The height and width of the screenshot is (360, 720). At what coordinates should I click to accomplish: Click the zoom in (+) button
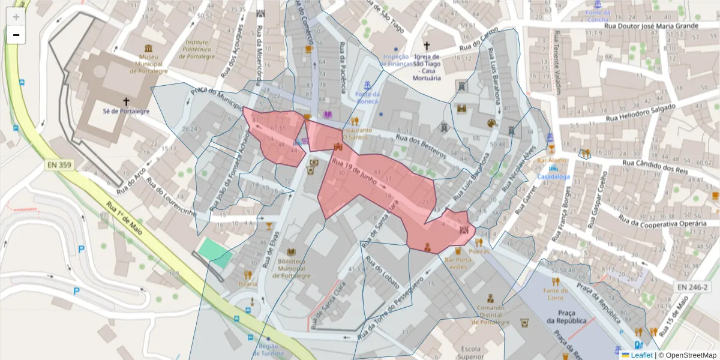[x=16, y=17]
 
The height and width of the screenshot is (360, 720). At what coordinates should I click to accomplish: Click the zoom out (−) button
[x=16, y=35]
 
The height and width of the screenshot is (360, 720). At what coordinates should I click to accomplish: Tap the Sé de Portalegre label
[x=125, y=112]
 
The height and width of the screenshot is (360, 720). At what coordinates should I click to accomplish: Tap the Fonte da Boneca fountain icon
[x=367, y=83]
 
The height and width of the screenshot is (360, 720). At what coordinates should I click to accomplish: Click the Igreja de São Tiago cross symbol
[x=427, y=46]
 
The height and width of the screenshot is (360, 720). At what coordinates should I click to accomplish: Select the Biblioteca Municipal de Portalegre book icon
[x=292, y=253]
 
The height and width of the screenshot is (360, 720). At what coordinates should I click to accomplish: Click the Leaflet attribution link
[x=641, y=355]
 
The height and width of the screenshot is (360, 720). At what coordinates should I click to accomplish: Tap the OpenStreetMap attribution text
[x=687, y=355]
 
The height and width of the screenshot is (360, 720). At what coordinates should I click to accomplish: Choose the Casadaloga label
[x=553, y=178]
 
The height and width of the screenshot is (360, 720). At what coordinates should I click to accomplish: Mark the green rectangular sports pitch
[x=215, y=252]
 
